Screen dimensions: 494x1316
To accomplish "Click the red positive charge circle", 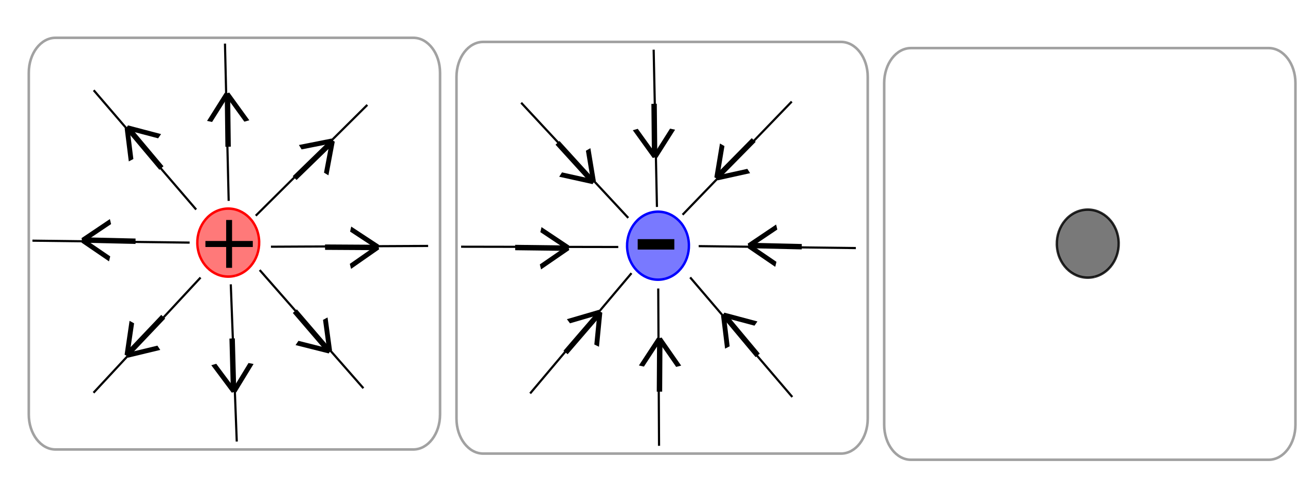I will click(x=228, y=242).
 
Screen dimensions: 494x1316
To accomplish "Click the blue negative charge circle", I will click(x=657, y=245).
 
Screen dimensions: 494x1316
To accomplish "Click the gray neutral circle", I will click(x=1087, y=243).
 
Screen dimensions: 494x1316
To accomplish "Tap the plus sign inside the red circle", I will click(x=229, y=244).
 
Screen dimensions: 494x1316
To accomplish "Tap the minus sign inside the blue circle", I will click(x=655, y=244).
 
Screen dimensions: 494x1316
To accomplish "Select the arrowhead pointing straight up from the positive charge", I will click(x=228, y=105).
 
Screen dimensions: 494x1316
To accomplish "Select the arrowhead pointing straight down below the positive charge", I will click(x=233, y=378).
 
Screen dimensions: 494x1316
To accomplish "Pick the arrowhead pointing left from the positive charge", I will click(x=95, y=240).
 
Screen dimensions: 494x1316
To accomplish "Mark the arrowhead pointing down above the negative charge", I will click(x=654, y=144).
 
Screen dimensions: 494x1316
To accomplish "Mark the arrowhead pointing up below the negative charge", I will click(x=660, y=351).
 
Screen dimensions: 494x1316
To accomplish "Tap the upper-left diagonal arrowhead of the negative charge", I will click(x=583, y=170).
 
